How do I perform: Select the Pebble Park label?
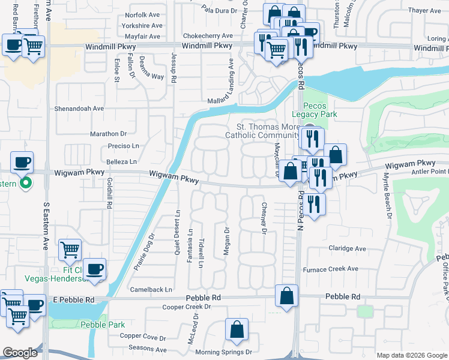coord(103,325)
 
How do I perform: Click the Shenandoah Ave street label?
coord(80,109)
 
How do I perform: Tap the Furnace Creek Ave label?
coord(330,269)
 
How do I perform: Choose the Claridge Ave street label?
coord(346,248)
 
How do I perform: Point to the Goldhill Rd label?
coord(109,193)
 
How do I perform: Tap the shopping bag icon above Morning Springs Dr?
coord(237,330)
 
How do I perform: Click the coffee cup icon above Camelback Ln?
coord(94,269)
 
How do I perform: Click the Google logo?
coord(19,353)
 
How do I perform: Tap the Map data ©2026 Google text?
coord(411,355)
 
